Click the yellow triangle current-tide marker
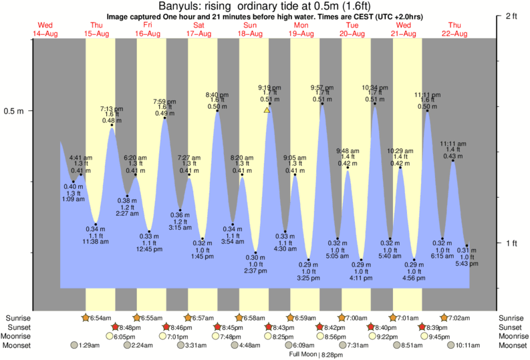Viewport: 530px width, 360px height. click(x=267, y=110)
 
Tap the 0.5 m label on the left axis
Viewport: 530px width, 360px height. click(x=15, y=111)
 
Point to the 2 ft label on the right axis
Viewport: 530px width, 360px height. click(x=513, y=15)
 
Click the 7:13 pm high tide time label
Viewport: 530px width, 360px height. click(x=112, y=108)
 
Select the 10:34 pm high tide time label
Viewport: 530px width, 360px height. click(x=375, y=87)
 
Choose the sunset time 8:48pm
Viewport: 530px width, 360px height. click(x=132, y=327)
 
